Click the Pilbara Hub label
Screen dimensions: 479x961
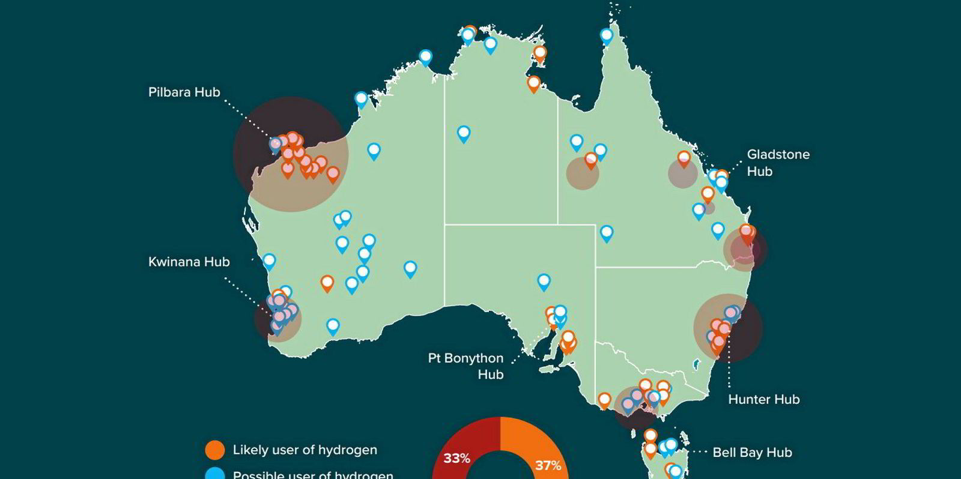tap(184, 92)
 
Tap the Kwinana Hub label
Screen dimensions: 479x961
tap(189, 262)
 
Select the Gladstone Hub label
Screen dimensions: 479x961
tap(778, 163)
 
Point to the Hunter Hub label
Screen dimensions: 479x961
tap(763, 400)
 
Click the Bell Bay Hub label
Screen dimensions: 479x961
tap(752, 453)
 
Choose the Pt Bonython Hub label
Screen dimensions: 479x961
tap(466, 366)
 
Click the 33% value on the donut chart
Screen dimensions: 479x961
tap(456, 459)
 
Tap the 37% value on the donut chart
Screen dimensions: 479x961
tap(547, 465)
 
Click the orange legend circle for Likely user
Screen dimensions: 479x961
tap(214, 450)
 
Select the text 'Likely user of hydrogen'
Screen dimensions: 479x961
tap(305, 450)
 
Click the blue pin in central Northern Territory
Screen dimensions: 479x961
tap(463, 133)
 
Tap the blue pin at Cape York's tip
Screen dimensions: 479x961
tap(607, 37)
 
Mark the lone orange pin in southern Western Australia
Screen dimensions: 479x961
tap(327, 283)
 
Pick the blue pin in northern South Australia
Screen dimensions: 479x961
tap(544, 281)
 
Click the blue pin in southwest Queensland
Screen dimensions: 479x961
tap(607, 233)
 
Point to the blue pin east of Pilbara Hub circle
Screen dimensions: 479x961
tap(374, 151)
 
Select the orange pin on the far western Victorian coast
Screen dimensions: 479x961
tap(604, 400)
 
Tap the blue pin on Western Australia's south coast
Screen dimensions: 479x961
tap(333, 327)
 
